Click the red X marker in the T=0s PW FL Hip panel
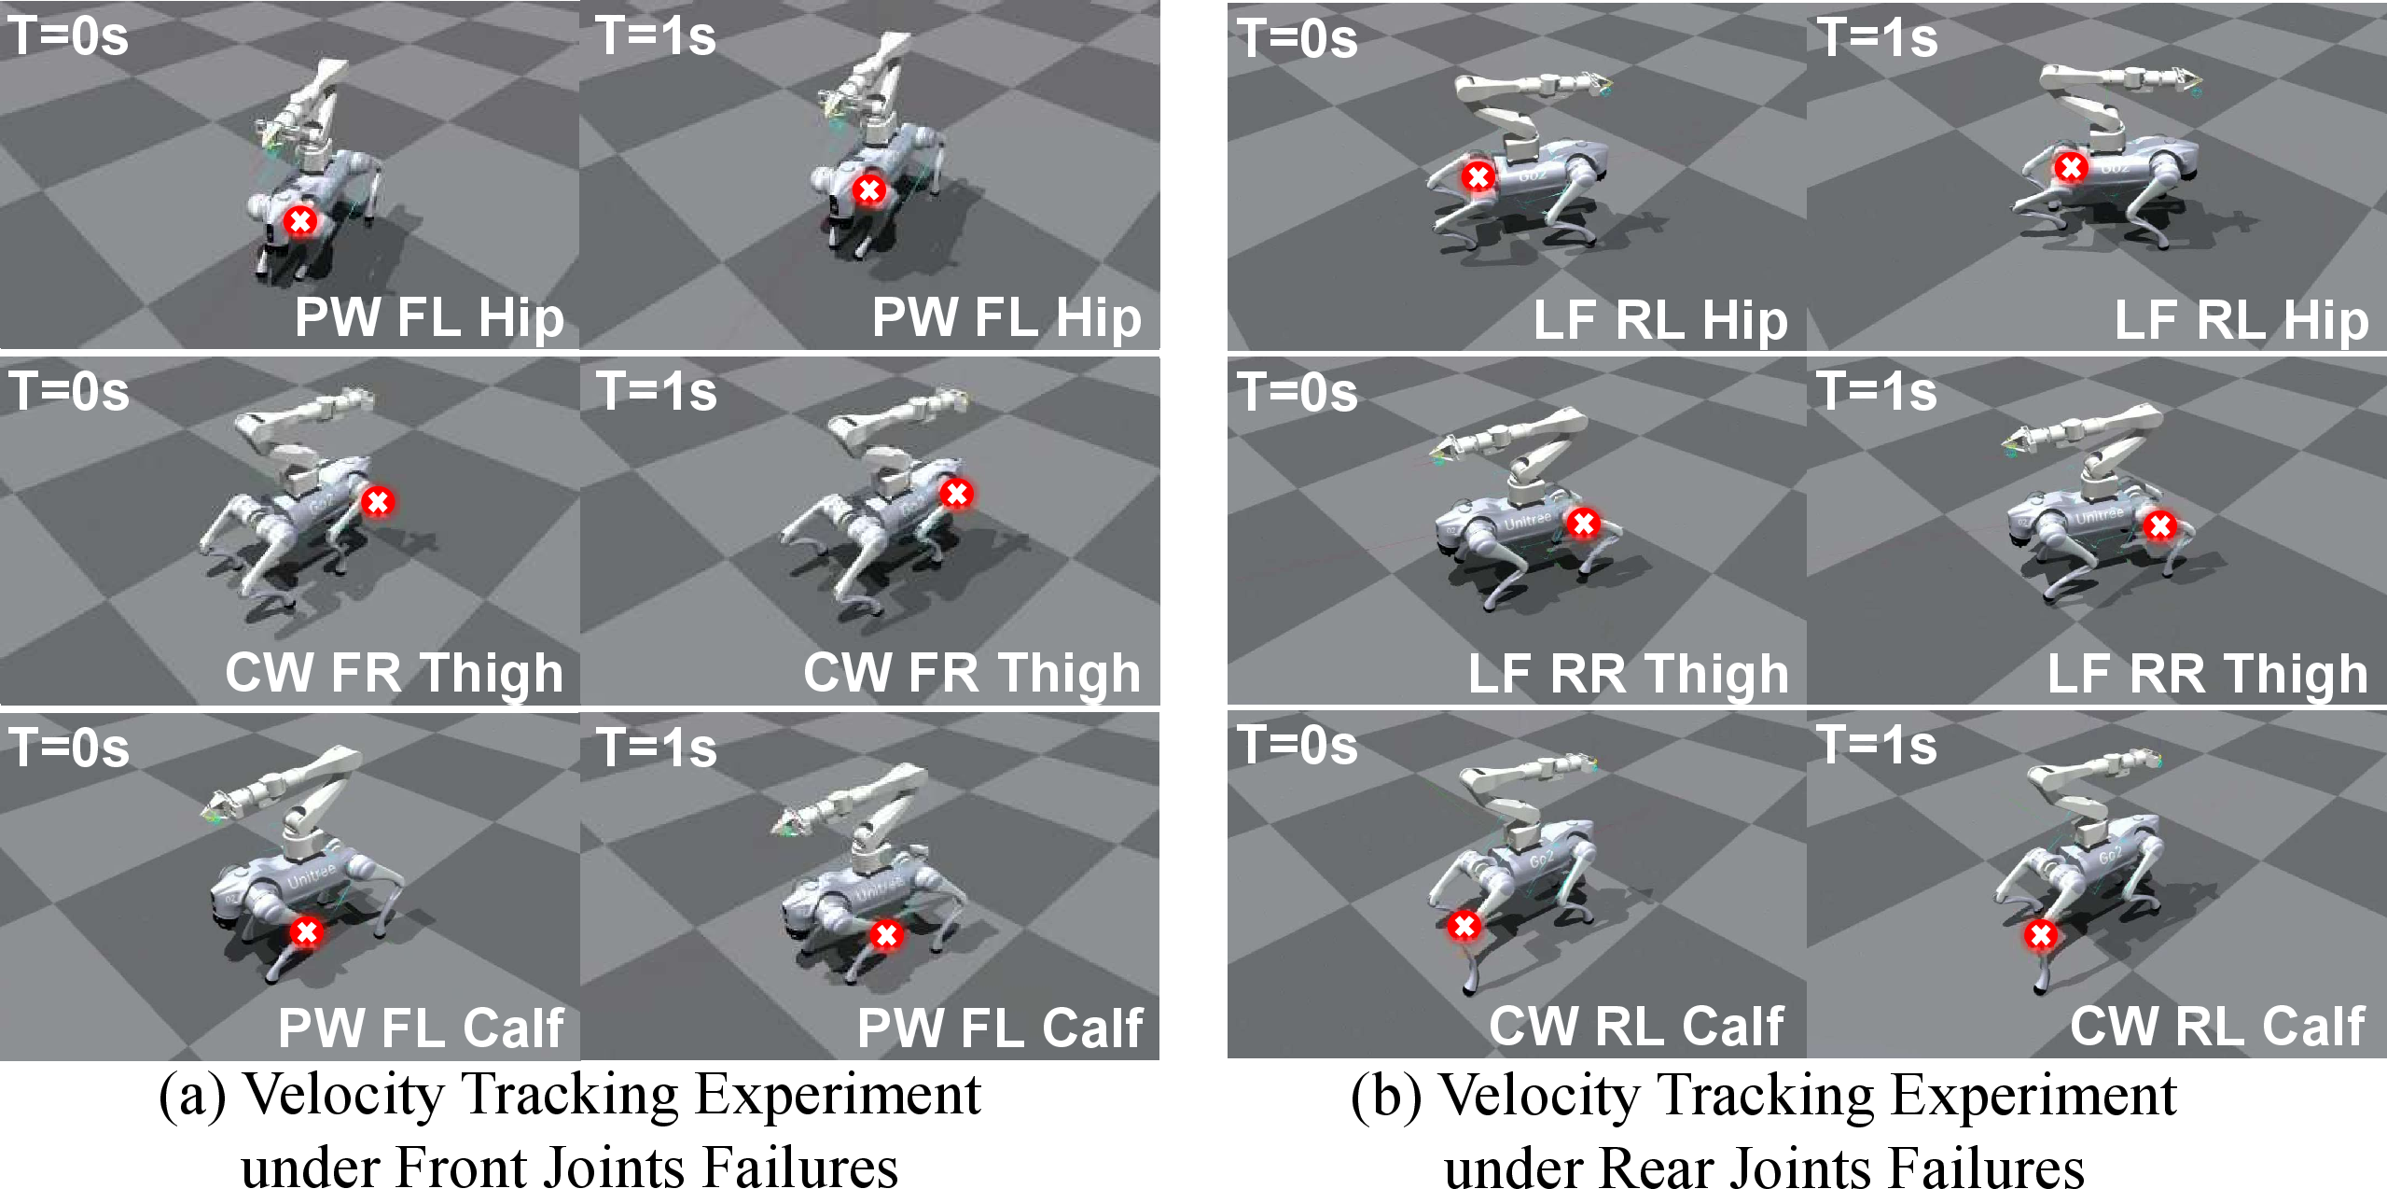(x=300, y=221)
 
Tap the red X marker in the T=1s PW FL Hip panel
(x=869, y=190)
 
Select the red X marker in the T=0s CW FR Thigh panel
(x=378, y=502)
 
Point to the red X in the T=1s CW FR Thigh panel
(x=956, y=494)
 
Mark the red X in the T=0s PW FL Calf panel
(x=307, y=931)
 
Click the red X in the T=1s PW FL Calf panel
(x=886, y=934)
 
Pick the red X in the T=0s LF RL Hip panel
(x=1478, y=176)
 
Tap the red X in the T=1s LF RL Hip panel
(x=2071, y=168)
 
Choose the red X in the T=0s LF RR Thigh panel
(x=1583, y=524)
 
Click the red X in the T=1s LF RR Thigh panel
(x=2159, y=526)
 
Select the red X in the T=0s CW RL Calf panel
(x=1464, y=925)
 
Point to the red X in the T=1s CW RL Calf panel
(x=2040, y=934)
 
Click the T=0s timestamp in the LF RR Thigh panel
(x=1298, y=392)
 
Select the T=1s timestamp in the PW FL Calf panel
(x=657, y=748)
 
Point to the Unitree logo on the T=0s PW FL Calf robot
(x=311, y=876)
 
